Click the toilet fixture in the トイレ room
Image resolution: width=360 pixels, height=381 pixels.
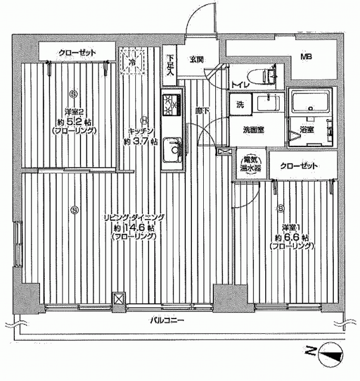[x=262, y=75]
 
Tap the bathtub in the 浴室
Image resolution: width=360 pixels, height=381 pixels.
[x=311, y=102]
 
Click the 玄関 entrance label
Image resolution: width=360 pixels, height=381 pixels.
[x=197, y=59]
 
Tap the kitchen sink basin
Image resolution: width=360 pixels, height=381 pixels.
[x=172, y=150]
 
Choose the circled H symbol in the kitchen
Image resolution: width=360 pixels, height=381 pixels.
[x=144, y=120]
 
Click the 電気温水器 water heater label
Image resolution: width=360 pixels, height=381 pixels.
[x=251, y=164]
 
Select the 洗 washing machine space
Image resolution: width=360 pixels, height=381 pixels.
[x=241, y=105]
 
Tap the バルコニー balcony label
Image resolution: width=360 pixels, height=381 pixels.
[x=167, y=320]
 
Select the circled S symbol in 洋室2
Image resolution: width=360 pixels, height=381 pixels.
[x=73, y=93]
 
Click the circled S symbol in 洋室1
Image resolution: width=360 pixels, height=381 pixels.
[x=281, y=208]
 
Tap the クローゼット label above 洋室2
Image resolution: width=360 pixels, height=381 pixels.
[x=77, y=53]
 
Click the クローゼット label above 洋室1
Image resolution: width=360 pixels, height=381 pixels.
[x=299, y=166]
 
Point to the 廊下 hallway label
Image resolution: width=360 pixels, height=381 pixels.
[x=203, y=111]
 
